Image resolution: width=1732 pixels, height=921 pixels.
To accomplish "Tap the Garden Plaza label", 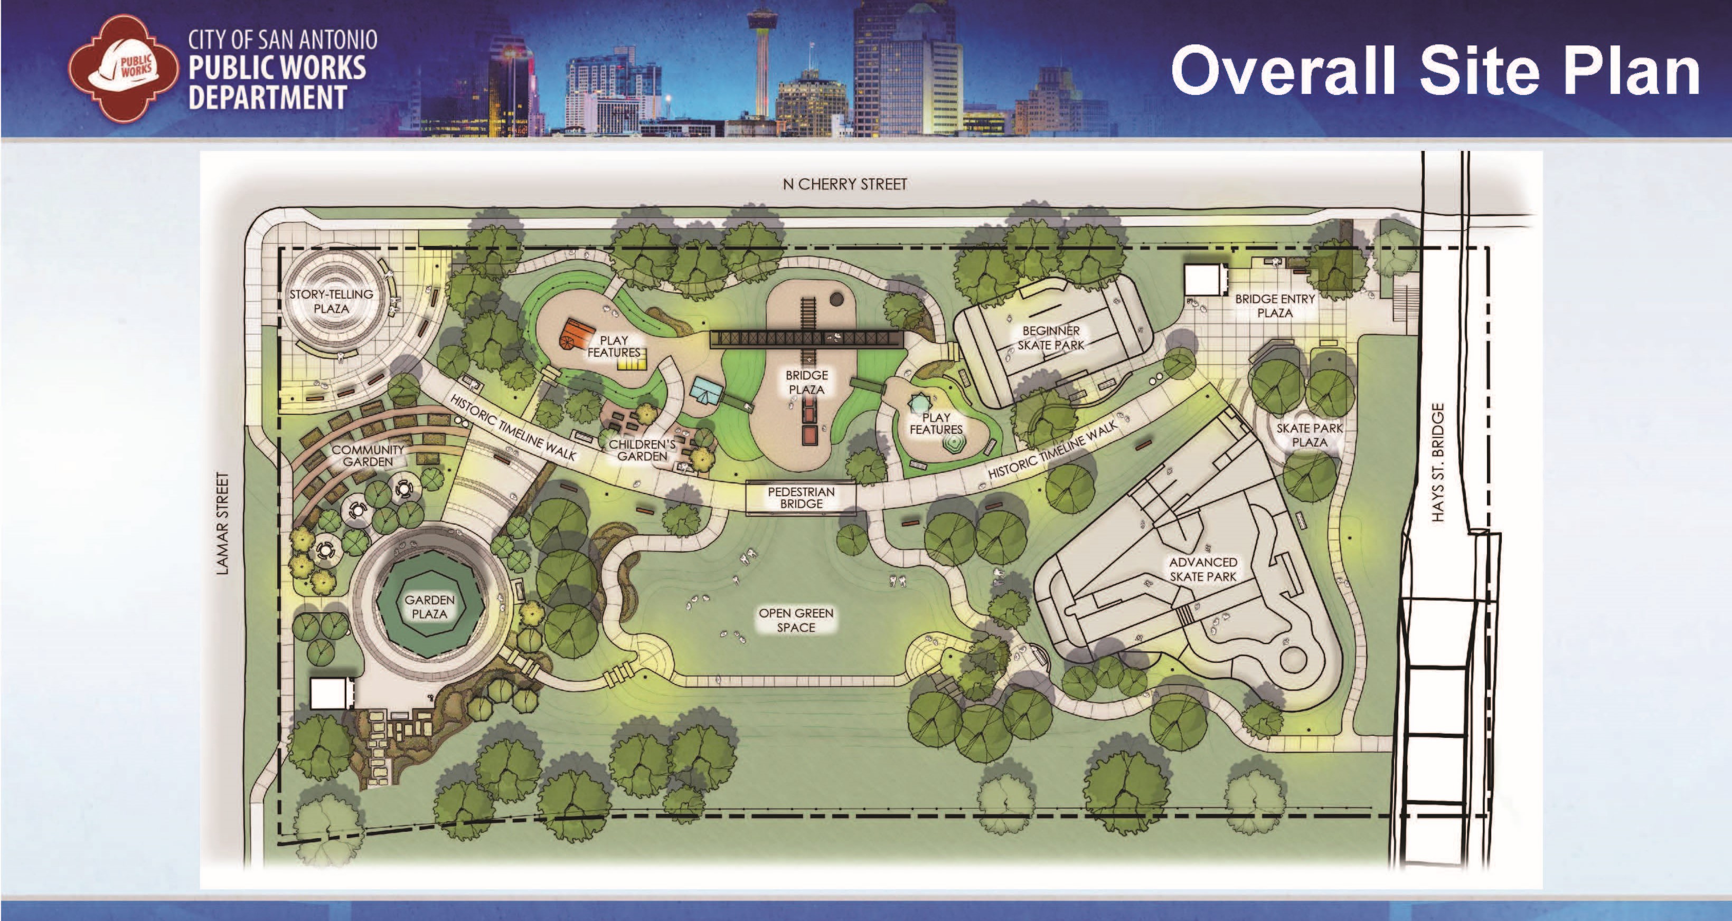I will [429, 606].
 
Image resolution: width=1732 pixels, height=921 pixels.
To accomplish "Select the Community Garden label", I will [368, 455].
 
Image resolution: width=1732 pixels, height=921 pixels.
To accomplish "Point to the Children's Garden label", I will [642, 450].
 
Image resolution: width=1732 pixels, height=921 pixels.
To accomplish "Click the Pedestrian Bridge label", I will [802, 498].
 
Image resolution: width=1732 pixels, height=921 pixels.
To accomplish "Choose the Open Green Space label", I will [796, 620].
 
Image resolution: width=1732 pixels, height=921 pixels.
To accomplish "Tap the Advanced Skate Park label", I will [1203, 569].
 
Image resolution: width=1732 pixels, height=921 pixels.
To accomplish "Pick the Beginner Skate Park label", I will [1051, 337].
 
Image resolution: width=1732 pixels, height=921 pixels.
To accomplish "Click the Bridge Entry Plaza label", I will [1275, 305].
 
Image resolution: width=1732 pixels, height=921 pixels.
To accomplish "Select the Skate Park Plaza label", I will [1309, 435].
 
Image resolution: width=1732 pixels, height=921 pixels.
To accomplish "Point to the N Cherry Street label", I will [844, 184].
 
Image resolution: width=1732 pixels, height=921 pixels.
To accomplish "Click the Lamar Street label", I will [224, 524].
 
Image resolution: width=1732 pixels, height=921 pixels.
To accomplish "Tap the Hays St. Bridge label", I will [1437, 462].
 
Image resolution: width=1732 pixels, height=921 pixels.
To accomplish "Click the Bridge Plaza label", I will [806, 382].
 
